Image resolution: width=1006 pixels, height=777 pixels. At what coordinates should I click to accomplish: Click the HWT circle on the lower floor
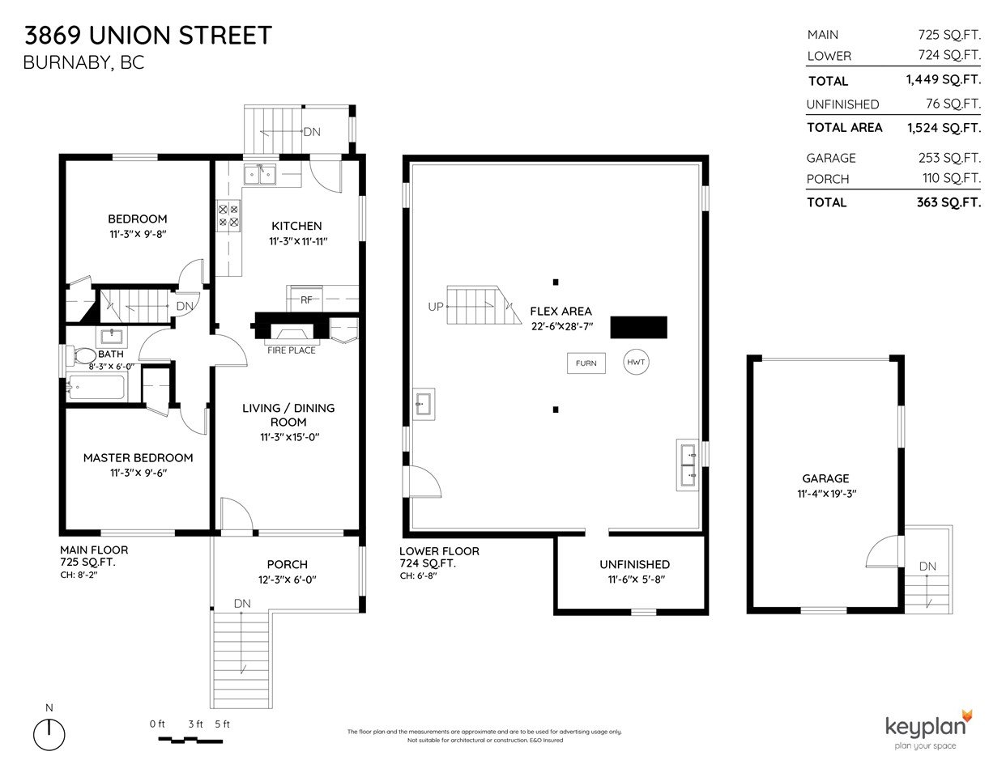(636, 362)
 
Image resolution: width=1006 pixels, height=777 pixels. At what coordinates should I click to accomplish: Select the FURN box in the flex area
(586, 363)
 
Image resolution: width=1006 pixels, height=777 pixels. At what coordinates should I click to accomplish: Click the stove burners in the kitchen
(228, 215)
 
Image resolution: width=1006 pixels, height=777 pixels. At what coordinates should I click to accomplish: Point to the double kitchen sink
(260, 175)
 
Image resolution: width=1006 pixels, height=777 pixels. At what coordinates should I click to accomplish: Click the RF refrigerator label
(306, 300)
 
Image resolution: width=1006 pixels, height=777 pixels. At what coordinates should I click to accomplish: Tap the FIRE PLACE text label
(292, 350)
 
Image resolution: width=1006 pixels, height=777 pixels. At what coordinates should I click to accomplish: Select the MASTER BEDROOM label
(138, 458)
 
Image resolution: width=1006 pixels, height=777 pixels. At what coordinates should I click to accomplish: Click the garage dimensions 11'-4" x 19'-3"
(826, 494)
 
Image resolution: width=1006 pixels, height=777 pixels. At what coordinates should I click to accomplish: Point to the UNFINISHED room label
(635, 564)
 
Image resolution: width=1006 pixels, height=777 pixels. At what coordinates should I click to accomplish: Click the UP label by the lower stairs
(436, 307)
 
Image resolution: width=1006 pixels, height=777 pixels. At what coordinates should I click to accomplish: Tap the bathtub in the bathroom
(96, 387)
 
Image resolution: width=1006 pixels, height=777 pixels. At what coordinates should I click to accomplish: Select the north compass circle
(49, 734)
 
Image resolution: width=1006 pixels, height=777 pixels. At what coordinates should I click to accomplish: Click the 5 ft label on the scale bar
(222, 724)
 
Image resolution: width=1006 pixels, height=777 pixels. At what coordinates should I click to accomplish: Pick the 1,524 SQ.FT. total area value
(944, 128)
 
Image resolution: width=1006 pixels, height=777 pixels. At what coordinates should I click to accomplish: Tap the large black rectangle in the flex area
(638, 328)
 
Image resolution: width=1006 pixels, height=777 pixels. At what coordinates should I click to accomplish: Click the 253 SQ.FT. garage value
(949, 158)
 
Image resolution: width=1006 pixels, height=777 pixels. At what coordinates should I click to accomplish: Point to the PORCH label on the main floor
(287, 564)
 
